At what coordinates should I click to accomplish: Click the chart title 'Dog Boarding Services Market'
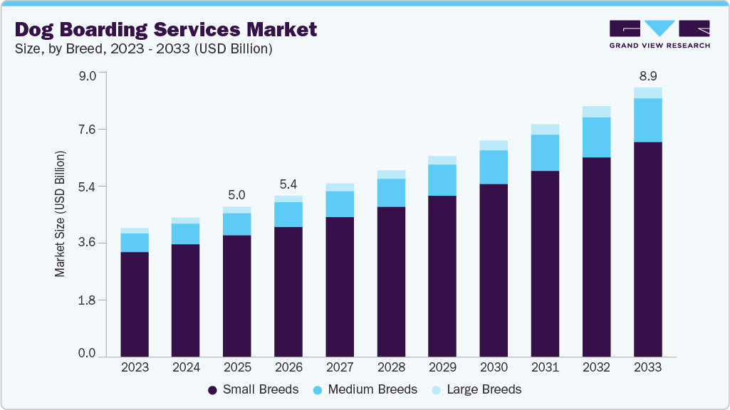(165, 29)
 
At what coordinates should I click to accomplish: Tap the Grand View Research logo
(659, 34)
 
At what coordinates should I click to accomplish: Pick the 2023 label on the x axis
(135, 367)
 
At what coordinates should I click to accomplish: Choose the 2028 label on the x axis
(391, 367)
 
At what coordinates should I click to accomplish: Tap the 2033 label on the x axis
(647, 367)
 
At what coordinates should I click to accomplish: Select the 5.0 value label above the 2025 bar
(237, 194)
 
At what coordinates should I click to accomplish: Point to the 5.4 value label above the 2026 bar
(288, 183)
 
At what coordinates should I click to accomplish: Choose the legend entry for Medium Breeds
(365, 389)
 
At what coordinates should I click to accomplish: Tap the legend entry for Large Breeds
(477, 389)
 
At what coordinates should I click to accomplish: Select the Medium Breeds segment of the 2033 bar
(647, 120)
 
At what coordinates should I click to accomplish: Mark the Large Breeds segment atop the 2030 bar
(494, 145)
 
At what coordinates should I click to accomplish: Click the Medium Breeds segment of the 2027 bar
(340, 204)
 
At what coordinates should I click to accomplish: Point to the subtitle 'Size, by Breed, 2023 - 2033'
(142, 49)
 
